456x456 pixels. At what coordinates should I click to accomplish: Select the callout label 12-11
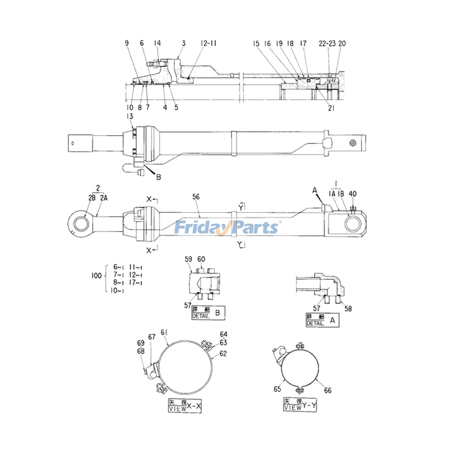click(x=209, y=44)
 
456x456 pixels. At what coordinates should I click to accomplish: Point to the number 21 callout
click(x=330, y=107)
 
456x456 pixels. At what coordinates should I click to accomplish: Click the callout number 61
click(x=164, y=332)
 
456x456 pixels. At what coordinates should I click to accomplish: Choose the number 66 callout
click(x=328, y=390)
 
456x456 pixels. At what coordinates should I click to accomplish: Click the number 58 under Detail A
click(x=348, y=308)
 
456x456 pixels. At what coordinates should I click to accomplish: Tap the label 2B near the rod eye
click(x=92, y=198)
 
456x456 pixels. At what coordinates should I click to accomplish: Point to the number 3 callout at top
click(x=183, y=44)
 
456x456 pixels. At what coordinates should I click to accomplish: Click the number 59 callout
click(x=188, y=259)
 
